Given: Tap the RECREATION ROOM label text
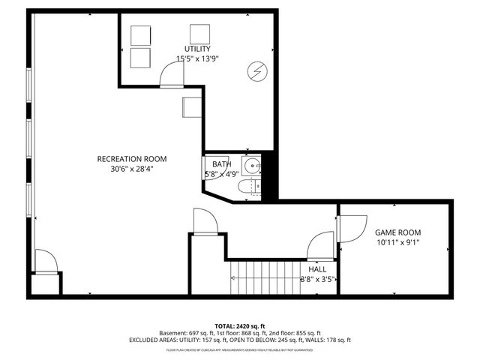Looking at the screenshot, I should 131,159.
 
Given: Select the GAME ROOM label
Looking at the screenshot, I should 397,232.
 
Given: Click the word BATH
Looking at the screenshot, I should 221,164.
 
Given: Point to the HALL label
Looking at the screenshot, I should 317,269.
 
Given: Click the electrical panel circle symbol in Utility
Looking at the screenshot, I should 256,71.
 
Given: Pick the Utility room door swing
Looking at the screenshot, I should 173,74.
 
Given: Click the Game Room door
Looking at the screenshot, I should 349,228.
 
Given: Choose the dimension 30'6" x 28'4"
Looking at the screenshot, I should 131,169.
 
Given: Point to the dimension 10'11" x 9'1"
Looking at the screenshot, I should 397,243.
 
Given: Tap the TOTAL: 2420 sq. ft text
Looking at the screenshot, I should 239,326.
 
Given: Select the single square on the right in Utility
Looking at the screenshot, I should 199,34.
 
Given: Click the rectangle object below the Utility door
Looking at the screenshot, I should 191,106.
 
